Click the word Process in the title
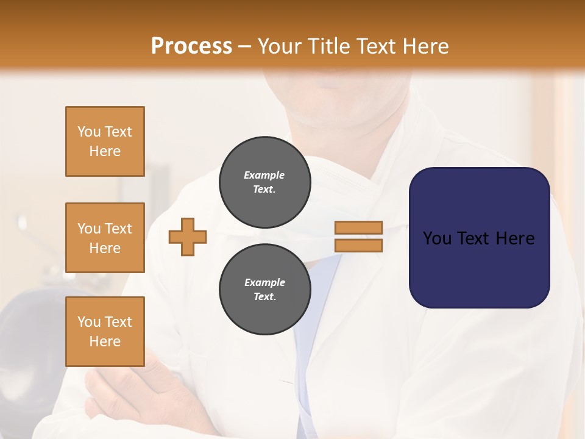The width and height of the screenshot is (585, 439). pos(191,46)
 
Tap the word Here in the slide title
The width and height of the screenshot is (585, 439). pos(425,46)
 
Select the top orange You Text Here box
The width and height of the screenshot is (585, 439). pos(105,141)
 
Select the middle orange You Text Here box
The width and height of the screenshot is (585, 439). pos(105,238)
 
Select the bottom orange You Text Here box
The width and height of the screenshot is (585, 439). pos(105,332)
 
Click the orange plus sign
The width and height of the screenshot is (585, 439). pos(188,237)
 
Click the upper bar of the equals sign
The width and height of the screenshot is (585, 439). pos(358,227)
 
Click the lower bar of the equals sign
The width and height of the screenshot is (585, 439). pos(358,246)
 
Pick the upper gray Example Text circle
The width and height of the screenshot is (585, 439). pos(264,182)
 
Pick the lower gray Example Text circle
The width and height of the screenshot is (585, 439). pos(264,289)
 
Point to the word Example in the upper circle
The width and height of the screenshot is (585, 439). pos(264,175)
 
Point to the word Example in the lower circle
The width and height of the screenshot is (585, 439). pos(264,282)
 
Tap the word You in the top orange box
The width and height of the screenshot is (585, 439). pos(88,132)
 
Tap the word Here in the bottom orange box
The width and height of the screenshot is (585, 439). pos(105,341)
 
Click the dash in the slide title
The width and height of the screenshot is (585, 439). pos(245,46)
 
